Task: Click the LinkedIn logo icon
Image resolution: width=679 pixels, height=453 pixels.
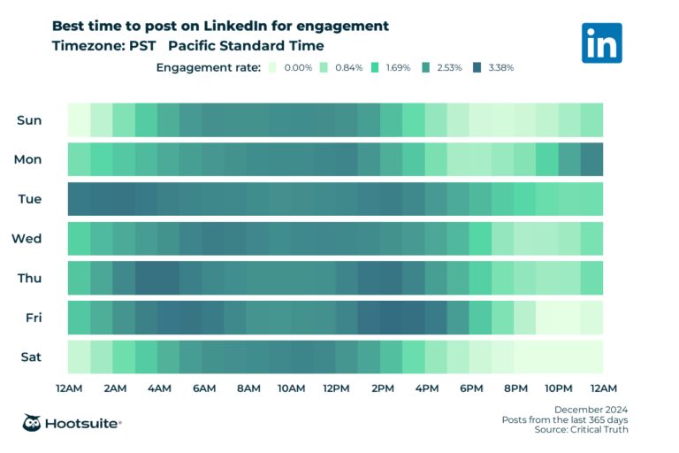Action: tap(601, 42)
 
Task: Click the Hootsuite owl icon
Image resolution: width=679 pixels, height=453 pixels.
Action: tap(34, 423)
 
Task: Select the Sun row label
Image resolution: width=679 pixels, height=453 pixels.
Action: tap(29, 120)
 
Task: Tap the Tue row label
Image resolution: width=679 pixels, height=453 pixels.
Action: tap(29, 199)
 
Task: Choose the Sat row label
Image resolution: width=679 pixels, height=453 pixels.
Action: tap(30, 357)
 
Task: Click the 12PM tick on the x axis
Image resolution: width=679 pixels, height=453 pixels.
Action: tap(336, 388)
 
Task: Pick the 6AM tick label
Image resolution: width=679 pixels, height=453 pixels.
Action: tap(203, 388)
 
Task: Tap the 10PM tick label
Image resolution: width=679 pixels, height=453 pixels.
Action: tap(559, 388)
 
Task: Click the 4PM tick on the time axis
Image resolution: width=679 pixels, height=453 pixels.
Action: tap(426, 388)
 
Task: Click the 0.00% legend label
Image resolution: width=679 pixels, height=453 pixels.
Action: tap(297, 67)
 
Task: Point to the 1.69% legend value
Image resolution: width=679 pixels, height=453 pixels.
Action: tap(398, 67)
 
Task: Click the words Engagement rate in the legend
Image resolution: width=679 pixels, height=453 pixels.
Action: tap(208, 67)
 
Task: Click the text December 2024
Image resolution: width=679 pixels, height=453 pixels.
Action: tap(591, 409)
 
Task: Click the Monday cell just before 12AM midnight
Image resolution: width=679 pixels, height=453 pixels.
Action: tap(591, 159)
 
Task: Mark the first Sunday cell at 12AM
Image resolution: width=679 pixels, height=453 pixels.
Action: tap(80, 120)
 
